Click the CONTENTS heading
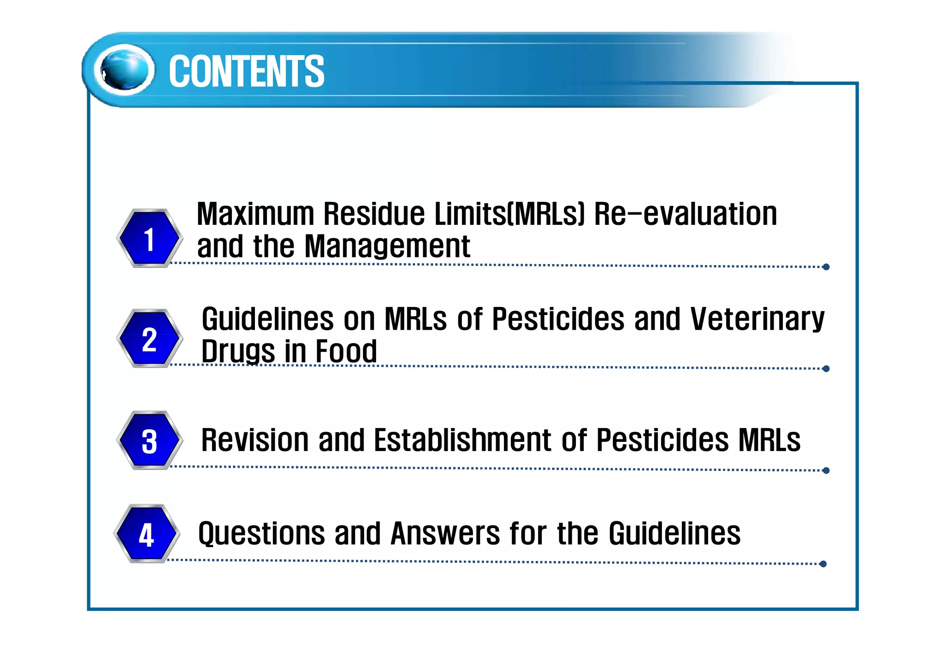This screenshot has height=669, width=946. coord(246,71)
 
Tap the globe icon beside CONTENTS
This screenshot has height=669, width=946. coord(124,70)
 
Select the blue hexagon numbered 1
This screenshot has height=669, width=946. coord(149,238)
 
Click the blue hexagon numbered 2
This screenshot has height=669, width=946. coord(149,339)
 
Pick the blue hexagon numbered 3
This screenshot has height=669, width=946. coord(149,440)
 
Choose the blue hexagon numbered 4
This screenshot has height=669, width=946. coord(146,534)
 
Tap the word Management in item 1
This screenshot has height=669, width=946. coord(387,247)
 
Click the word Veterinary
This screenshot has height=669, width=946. coord(757,319)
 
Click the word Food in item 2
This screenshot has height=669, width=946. coord(346,351)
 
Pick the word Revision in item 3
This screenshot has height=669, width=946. coord(255,440)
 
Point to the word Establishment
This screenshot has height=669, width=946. coord(462,440)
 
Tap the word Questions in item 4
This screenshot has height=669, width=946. coord(261,534)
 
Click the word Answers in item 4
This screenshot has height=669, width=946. coord(445,534)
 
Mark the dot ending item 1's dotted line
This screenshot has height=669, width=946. coord(826,267)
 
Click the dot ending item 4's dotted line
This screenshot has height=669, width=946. coord(823,564)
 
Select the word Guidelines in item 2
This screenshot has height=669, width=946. coord(267,319)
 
